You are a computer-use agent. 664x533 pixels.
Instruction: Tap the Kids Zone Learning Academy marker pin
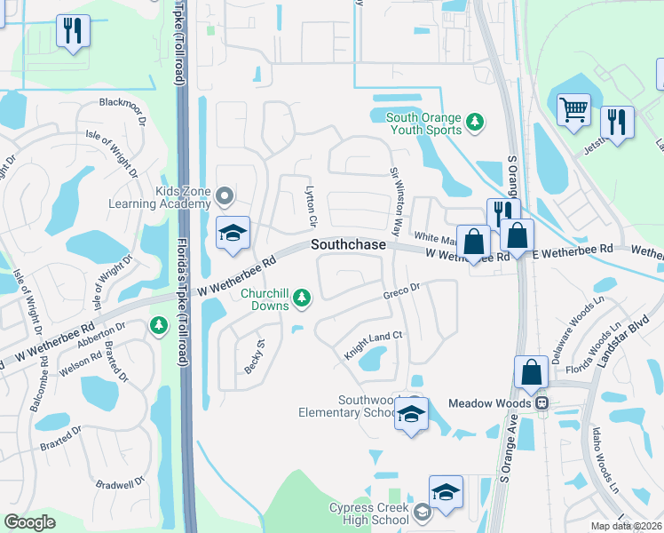click(224, 195)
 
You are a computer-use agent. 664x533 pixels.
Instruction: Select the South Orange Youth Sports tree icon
click(475, 122)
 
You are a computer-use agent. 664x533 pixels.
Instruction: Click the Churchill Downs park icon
click(303, 298)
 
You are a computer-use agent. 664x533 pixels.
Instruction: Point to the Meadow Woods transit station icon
click(540, 402)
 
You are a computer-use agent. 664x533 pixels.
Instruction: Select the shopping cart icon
click(573, 110)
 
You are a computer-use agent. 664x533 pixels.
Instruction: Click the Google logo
click(30, 521)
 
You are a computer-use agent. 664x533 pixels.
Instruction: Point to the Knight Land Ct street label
click(375, 346)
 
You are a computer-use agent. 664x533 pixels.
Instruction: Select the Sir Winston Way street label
click(398, 196)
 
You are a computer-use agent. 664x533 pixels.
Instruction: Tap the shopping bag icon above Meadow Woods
click(531, 373)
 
